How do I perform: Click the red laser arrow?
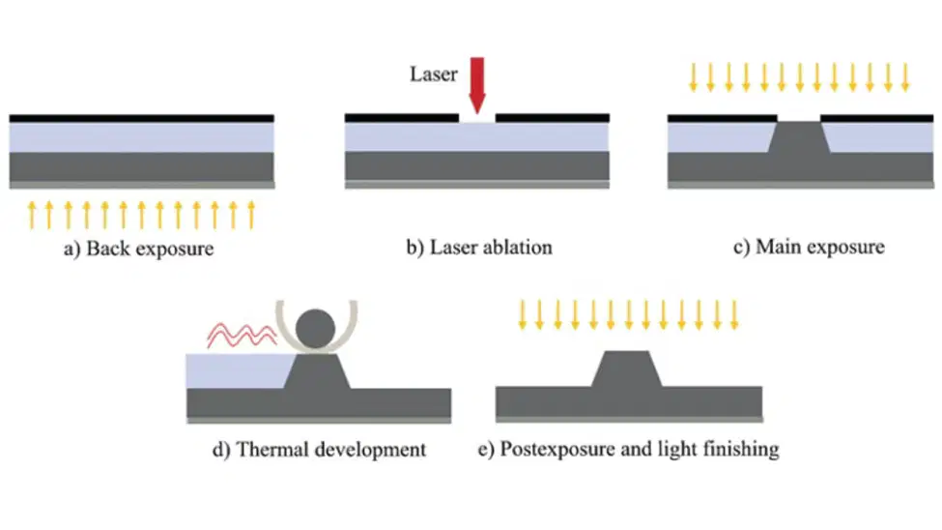point(477,85)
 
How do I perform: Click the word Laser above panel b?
point(434,74)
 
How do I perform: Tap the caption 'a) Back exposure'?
point(139,249)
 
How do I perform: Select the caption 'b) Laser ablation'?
point(479,248)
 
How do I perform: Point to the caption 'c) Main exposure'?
point(809,247)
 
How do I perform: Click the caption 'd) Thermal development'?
point(319,450)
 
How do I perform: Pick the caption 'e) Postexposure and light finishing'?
point(628,449)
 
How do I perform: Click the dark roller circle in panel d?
point(315,329)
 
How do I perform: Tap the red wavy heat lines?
point(242,335)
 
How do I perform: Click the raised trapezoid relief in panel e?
point(627,368)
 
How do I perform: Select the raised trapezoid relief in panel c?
point(799,136)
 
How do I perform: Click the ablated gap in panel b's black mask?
point(477,119)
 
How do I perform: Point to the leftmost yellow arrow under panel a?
point(32,216)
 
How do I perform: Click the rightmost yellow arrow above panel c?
point(905,77)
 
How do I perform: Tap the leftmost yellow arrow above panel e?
point(522,315)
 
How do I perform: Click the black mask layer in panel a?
point(142,119)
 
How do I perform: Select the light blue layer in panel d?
point(238,370)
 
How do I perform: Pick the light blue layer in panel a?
point(142,137)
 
